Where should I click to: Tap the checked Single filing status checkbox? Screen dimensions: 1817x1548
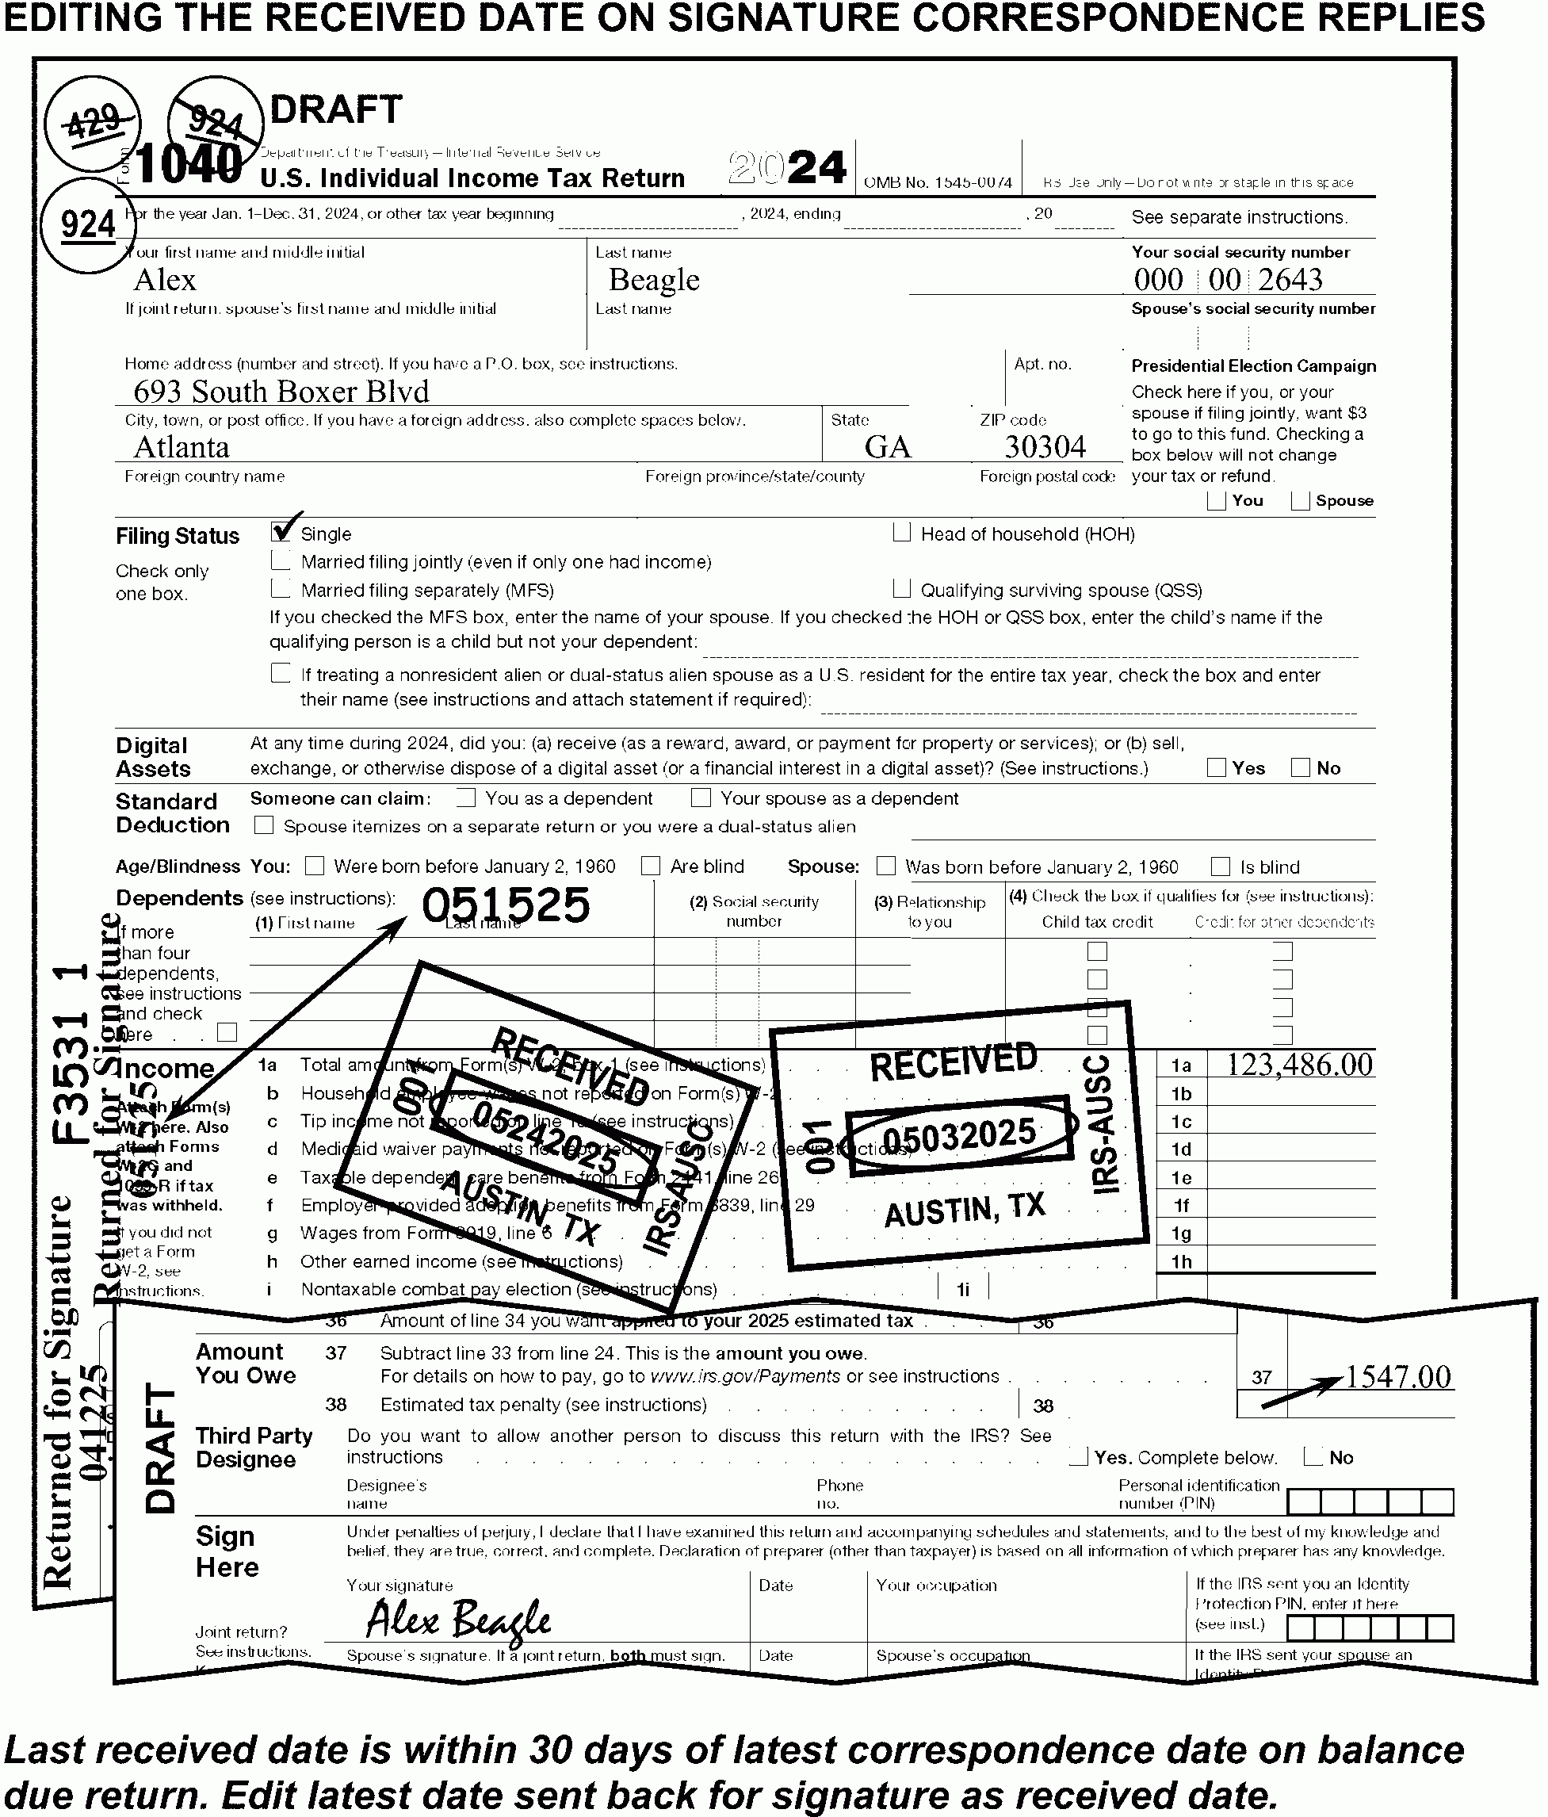pos(281,531)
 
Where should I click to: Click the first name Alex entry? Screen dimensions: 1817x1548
pos(165,280)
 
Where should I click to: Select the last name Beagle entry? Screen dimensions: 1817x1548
pos(654,280)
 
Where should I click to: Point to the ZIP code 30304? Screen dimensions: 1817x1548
pos(1045,447)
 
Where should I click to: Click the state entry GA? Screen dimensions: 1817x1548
pos(887,447)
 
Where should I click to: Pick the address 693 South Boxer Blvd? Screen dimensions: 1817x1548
pos(281,391)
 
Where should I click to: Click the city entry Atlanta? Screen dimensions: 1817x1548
pos(182,447)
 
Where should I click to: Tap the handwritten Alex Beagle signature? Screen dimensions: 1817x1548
pos(458,1620)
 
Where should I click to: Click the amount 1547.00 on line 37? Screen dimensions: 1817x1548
pos(1397,1377)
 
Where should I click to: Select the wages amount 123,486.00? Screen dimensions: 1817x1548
pos(1298,1065)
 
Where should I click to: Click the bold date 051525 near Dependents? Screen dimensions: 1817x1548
pos(506,905)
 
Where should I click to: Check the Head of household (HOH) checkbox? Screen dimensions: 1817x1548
pos(901,532)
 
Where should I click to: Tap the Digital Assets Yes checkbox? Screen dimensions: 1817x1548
pos(1216,767)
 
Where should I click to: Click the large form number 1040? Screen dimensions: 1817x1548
pos(189,164)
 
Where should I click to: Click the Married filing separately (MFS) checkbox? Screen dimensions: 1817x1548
pos(281,588)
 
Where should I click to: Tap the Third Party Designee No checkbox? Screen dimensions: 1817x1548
pos(1313,1456)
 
